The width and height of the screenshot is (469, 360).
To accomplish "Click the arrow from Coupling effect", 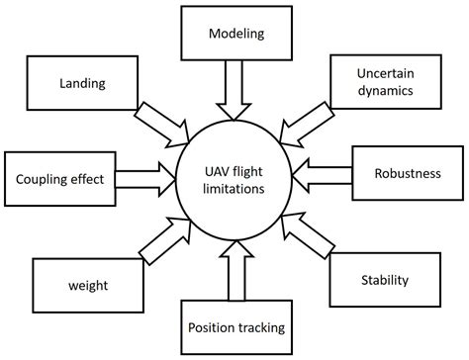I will point(143,180).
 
